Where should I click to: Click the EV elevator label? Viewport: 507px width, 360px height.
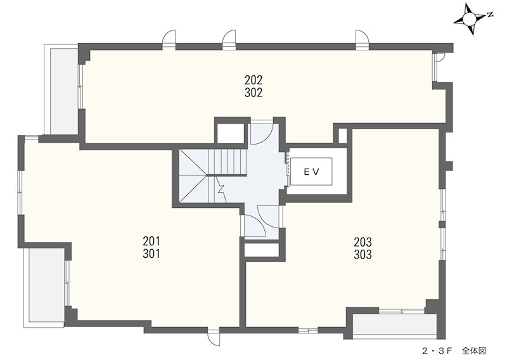[x=311, y=172]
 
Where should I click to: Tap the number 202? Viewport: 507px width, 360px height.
[x=253, y=80]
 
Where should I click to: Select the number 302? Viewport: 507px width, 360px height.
[x=253, y=93]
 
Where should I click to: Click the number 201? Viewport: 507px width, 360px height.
[x=151, y=241]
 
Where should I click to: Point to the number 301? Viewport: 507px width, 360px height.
[x=151, y=254]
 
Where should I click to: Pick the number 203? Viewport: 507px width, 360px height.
[x=363, y=241]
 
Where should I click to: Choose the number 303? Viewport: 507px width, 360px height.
[x=363, y=255]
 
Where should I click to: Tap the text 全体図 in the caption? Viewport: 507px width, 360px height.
[x=474, y=350]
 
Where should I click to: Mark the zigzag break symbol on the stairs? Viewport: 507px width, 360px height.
[x=221, y=188]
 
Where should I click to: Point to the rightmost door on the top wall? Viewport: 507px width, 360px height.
[x=362, y=39]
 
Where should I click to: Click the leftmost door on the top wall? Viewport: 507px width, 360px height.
[x=169, y=39]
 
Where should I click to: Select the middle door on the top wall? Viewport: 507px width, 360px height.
[x=229, y=39]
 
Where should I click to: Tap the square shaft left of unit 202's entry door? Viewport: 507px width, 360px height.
[x=230, y=132]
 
